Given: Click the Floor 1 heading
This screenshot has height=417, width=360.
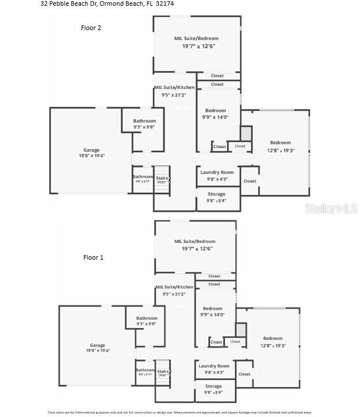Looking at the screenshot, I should pos(93,257).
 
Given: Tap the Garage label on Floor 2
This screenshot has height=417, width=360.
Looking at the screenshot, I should pos(91,150).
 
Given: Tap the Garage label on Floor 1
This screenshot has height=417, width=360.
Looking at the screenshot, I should pos(97,345).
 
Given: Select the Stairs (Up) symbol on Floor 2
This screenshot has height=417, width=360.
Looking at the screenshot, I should pos(161,179).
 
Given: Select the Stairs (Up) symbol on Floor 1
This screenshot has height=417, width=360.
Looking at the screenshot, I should pos(163,373).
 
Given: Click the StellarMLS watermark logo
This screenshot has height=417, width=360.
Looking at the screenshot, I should pos(331,209).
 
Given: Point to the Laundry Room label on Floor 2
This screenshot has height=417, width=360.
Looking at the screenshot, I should pos(217,172).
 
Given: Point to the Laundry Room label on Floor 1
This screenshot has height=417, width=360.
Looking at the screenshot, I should pos(214,366).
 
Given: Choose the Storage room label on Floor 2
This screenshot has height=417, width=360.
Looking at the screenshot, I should pos(216,194).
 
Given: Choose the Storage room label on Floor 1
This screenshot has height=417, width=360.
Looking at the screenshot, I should pos(214,386).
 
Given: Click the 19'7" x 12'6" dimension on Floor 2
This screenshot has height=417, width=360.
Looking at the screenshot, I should pos(196,46).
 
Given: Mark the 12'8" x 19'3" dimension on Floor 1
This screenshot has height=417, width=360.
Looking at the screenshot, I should pos(273,346).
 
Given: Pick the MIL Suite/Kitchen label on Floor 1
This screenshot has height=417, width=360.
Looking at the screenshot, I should pos(174,287).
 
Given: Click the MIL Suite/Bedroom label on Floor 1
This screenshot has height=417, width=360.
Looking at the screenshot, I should pos(194,241).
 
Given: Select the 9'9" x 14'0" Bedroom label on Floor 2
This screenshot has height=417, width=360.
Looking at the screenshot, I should pos(215,114).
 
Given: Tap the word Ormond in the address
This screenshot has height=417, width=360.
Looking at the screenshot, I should pos(112,3).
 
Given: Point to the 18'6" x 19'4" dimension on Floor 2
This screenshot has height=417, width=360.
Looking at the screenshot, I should pos(91,156).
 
